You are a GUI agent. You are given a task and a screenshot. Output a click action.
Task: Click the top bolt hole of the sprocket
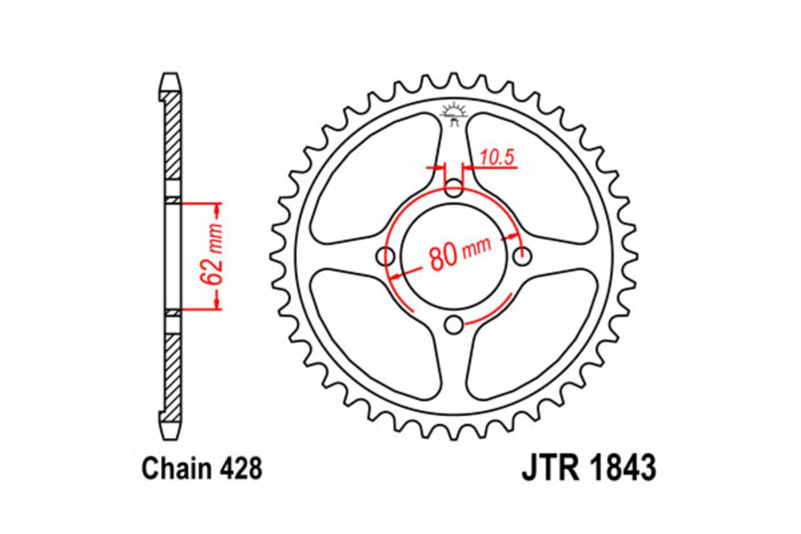[x=454, y=186]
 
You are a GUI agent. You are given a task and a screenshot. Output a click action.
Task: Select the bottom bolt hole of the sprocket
[x=454, y=325]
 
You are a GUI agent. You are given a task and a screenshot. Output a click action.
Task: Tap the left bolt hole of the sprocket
[x=385, y=256]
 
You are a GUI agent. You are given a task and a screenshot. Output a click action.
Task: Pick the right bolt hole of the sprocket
[x=523, y=256]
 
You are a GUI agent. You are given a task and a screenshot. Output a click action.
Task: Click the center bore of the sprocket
[x=454, y=256]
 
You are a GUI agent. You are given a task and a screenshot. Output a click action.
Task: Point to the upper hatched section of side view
[x=172, y=137]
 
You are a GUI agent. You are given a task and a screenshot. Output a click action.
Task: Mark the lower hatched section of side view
[x=172, y=374]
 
